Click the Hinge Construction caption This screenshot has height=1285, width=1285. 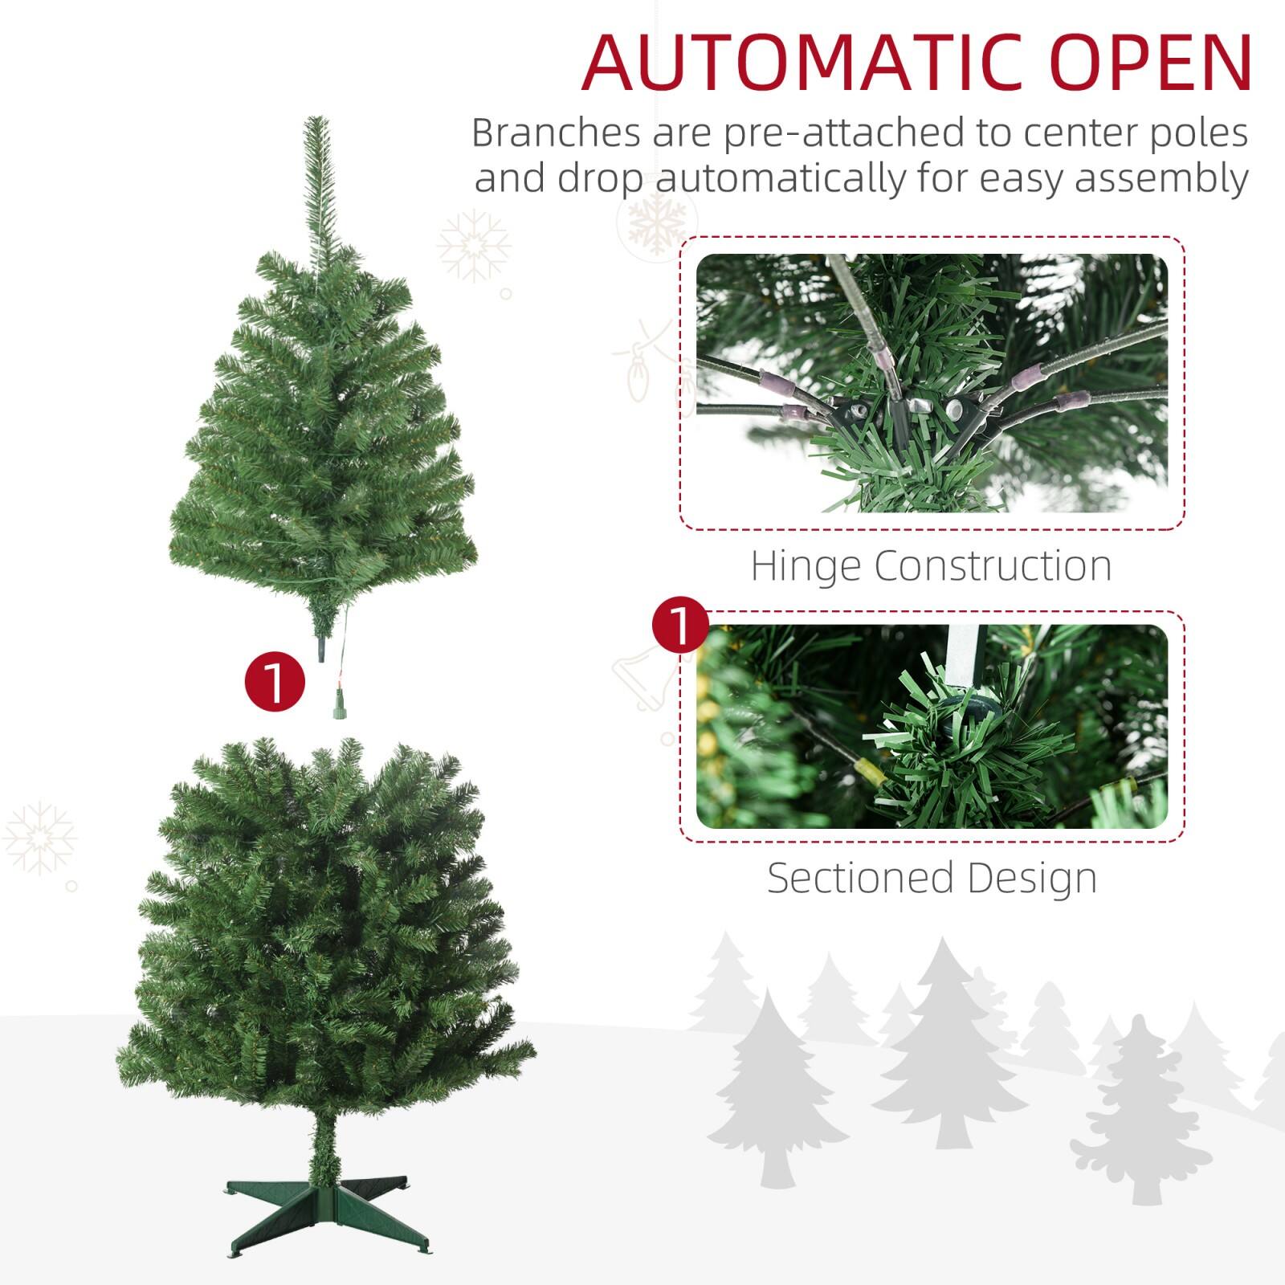coord(931,565)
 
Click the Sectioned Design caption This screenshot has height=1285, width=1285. coord(932,878)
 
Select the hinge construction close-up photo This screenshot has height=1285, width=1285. coord(932,383)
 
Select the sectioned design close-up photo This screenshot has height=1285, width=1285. coord(932,726)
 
